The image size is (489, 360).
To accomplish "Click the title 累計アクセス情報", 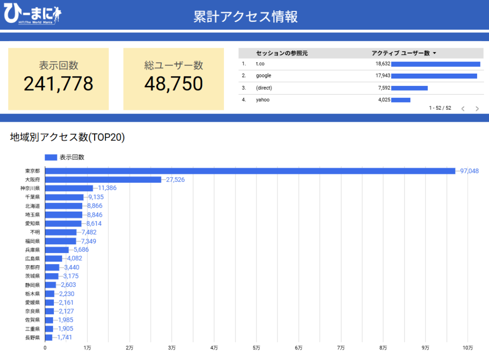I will click(245, 16).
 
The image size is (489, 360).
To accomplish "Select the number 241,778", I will click(58, 84).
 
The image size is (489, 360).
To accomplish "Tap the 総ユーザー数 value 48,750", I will click(173, 84).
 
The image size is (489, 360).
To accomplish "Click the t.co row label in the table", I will click(260, 64).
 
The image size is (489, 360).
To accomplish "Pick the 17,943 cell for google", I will click(383, 76).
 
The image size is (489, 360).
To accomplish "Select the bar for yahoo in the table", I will click(401, 100).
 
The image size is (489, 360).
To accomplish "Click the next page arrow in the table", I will click(477, 109).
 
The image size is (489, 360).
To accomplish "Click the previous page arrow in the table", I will click(462, 109).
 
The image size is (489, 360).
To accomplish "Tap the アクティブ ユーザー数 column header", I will click(404, 53).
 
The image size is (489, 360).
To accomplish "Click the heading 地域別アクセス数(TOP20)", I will click(67, 138).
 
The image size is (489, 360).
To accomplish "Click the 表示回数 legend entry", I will click(64, 157).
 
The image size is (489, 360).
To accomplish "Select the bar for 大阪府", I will click(103, 180).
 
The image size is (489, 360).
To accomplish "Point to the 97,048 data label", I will click(469, 171).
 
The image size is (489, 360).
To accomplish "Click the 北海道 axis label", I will click(32, 206).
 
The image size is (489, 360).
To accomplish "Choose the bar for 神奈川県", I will click(69, 188).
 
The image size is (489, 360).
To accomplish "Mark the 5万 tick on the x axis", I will click(256, 347).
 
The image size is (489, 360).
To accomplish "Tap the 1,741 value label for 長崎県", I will click(64, 338).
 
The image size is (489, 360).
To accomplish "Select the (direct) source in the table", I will click(264, 88).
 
